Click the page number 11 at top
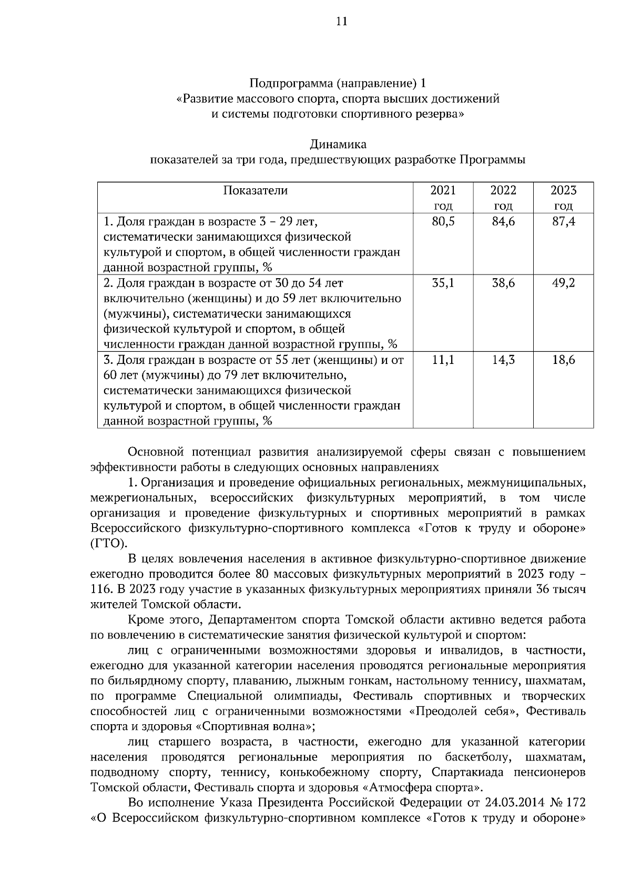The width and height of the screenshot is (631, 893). point(341,22)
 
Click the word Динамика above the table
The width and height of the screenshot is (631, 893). point(338,144)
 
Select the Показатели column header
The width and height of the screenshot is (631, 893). point(256,190)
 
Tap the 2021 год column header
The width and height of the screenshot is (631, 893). point(443,197)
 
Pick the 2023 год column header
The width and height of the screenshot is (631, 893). point(563,197)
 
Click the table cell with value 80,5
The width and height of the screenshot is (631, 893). point(443,221)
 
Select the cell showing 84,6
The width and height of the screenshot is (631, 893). point(503,221)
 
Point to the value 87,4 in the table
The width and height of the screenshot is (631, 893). point(563,221)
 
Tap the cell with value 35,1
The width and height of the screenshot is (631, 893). point(443,283)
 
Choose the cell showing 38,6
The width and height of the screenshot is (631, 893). point(503,283)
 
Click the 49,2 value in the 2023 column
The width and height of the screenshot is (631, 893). point(563,283)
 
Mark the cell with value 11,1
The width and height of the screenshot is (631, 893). point(443,360)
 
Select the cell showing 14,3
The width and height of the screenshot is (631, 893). point(503,360)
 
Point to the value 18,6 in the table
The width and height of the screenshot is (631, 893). point(563,360)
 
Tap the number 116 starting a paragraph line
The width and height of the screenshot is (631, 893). point(100,589)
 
